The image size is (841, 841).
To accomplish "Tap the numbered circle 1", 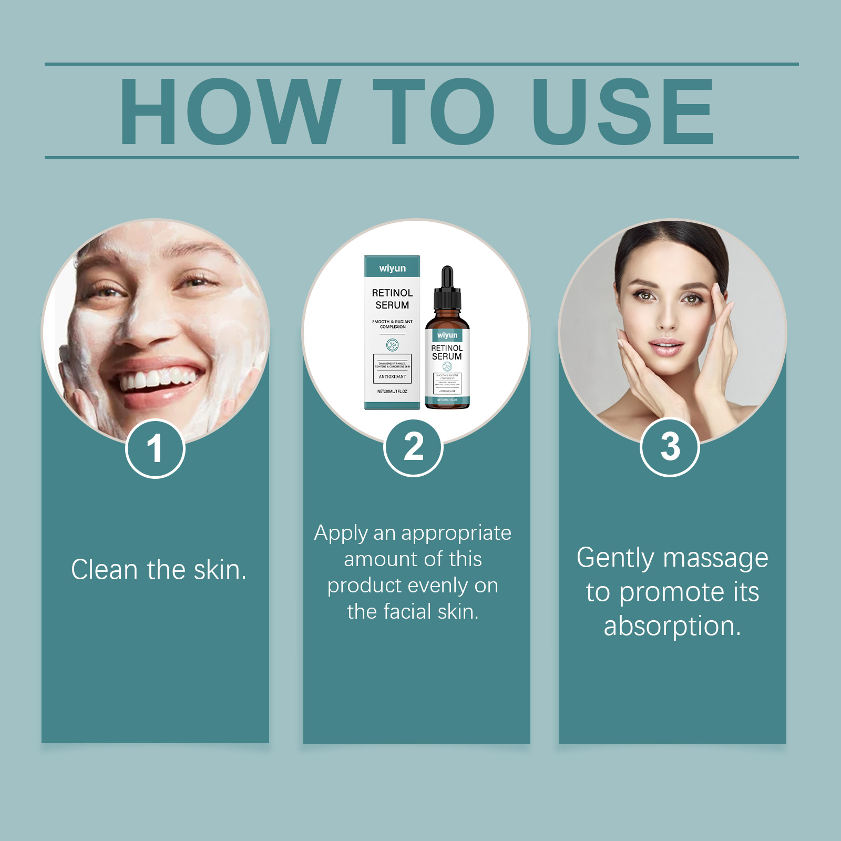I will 155,448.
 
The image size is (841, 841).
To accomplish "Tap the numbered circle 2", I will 414,447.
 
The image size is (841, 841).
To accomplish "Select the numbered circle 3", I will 670,447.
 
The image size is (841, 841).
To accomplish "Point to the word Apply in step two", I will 341,534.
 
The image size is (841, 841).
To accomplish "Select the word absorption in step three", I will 672,626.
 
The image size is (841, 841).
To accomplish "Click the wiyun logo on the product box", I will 392,269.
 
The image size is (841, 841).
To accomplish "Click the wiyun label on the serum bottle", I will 447,335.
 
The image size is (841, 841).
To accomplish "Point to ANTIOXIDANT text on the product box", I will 392,376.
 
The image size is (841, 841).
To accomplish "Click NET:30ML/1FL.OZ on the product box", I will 392,391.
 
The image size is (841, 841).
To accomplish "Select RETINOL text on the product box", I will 392,293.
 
